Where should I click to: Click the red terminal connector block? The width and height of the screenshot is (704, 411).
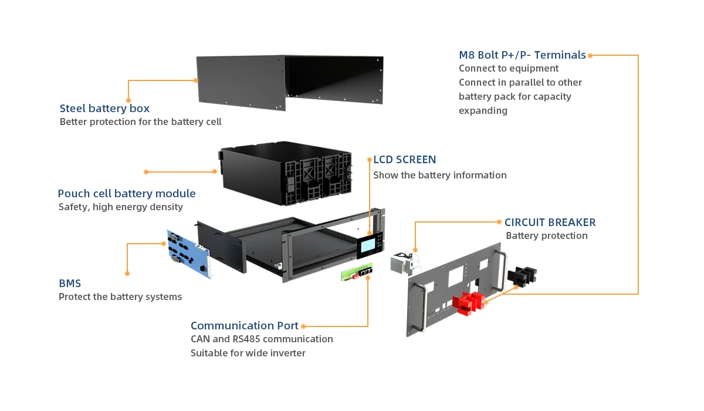click(468, 303)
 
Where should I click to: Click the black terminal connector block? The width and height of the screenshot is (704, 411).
click(522, 275)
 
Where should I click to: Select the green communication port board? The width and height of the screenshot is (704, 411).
click(357, 271)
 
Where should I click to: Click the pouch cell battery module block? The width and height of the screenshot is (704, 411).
click(285, 173)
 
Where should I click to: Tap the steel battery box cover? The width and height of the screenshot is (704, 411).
click(290, 82)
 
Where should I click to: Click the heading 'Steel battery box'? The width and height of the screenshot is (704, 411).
click(104, 108)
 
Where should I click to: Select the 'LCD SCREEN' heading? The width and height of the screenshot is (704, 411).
click(404, 160)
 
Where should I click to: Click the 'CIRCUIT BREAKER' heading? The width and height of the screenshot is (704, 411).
click(550, 223)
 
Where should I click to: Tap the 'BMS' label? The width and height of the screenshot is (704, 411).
click(70, 284)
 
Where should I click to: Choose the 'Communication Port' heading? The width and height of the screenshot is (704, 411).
click(244, 325)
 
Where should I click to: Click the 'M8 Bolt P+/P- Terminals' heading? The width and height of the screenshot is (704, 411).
click(522, 55)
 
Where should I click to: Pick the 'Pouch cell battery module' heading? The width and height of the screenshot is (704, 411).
click(127, 193)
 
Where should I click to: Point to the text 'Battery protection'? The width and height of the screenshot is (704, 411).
click(547, 236)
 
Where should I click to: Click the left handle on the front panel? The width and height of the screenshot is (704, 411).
click(420, 306)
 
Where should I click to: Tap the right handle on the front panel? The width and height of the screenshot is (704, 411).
click(500, 271)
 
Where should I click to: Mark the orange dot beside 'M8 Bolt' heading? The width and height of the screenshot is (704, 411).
click(590, 55)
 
